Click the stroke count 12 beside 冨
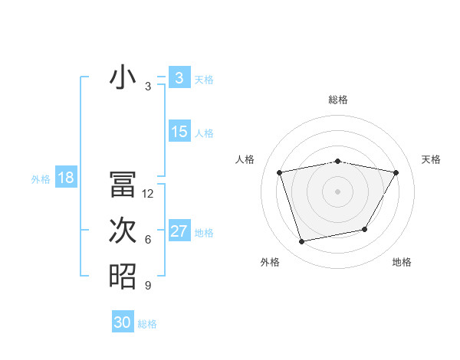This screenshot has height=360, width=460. pyautogui.click(x=148, y=194)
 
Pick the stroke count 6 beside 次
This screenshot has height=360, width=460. pyautogui.click(x=147, y=240)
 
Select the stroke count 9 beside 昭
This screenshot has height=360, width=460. pyautogui.click(x=147, y=286)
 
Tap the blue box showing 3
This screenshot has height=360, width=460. pyautogui.click(x=179, y=78)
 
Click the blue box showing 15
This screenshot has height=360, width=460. pyautogui.click(x=179, y=132)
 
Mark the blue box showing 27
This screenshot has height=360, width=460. pyautogui.click(x=179, y=231)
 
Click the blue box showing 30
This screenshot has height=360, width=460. pyautogui.click(x=123, y=322)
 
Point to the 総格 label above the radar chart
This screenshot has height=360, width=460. pyautogui.click(x=337, y=100)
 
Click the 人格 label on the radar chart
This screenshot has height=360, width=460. pyautogui.click(x=245, y=159)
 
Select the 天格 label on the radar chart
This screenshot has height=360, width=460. pyautogui.click(x=431, y=159)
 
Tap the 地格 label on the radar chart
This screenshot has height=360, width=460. pyautogui.click(x=402, y=262)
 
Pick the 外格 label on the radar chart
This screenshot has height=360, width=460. pyautogui.click(x=270, y=262)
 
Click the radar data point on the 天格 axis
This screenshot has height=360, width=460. pyautogui.click(x=396, y=172)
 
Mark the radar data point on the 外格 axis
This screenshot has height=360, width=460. pyautogui.click(x=302, y=241)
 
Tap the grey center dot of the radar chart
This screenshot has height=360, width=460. pyautogui.click(x=337, y=191)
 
